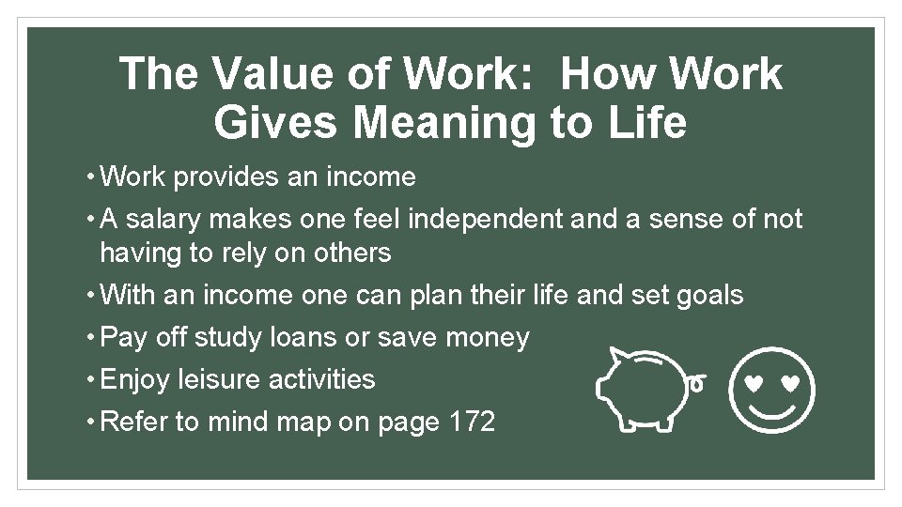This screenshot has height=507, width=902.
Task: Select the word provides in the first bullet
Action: click(x=229, y=177)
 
